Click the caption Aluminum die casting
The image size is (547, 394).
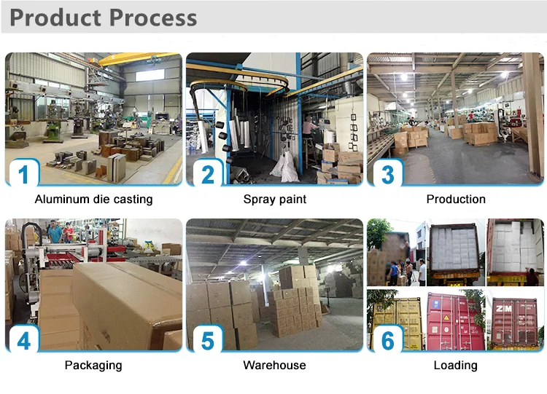[x=93, y=199]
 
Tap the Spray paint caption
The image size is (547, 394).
[x=275, y=199]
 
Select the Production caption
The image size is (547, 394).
[x=456, y=199]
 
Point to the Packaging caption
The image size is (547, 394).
[x=93, y=365]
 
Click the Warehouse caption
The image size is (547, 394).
[x=275, y=365]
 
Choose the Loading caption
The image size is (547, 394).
[x=456, y=365]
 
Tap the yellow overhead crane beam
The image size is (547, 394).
[x=139, y=59]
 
